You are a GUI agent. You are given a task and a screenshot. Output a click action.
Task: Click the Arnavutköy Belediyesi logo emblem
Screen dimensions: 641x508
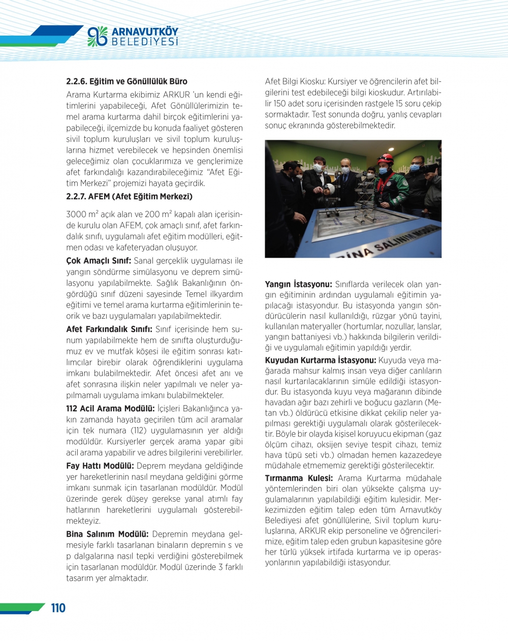[98, 36]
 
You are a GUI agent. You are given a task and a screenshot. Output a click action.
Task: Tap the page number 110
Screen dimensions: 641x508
[58, 608]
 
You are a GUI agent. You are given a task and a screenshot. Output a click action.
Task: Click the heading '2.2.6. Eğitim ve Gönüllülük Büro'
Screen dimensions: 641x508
[126, 81]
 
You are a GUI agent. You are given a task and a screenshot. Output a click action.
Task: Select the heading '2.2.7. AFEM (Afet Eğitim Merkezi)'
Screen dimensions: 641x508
[129, 197]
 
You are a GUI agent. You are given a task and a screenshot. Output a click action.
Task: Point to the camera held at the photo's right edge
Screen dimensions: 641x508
[431, 168]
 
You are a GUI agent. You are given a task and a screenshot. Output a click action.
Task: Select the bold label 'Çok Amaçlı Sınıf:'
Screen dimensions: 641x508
[99, 261]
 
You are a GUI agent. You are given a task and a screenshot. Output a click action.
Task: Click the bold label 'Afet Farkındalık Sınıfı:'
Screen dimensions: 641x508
[110, 329]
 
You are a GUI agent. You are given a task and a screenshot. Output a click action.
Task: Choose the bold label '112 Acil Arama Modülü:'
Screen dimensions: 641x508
[110, 409]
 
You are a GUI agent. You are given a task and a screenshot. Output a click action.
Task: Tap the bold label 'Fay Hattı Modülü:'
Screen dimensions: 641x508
[100, 466]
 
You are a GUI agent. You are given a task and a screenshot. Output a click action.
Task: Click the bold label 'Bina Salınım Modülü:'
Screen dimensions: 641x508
[107, 534]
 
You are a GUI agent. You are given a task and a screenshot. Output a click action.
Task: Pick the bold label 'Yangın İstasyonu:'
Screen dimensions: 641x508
[298, 285]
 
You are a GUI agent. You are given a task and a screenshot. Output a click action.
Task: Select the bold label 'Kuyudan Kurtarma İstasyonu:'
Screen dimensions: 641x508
[321, 360]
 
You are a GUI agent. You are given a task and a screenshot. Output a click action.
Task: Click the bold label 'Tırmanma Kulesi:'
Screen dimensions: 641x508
[299, 478]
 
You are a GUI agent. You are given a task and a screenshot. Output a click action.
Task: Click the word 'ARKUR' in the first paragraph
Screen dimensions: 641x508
[176, 95]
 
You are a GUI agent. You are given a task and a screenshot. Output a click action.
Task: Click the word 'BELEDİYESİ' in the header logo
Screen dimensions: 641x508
[145, 42]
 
